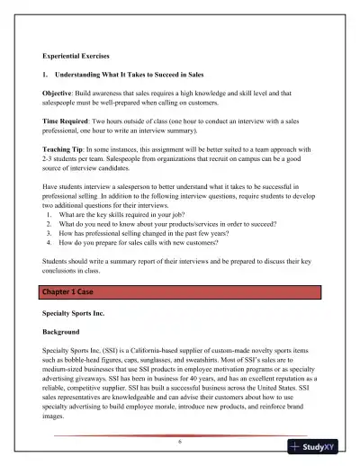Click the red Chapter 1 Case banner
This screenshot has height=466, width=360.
click(178, 292)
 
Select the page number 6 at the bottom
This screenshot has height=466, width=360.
click(179, 444)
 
